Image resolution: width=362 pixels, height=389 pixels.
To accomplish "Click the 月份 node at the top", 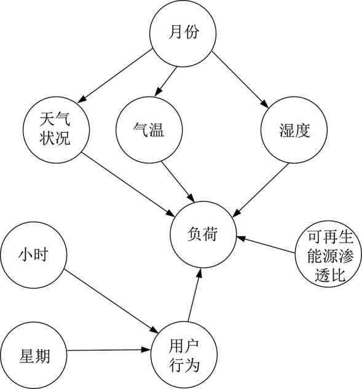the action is [183, 33].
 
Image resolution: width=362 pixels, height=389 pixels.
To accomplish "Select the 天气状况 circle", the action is [56, 130].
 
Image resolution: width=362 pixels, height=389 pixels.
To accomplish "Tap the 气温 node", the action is [149, 130].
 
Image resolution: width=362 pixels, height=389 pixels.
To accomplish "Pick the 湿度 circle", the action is [294, 130].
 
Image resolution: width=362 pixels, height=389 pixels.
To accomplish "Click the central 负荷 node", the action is [203, 235].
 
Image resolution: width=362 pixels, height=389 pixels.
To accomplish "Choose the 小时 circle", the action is [33, 255].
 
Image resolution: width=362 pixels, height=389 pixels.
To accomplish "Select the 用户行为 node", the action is [184, 355].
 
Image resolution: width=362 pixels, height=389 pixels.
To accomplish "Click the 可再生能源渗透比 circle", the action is [328, 254].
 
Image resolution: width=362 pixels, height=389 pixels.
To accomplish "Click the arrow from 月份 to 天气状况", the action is [114, 76].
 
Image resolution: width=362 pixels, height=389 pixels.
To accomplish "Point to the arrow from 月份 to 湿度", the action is [240, 80].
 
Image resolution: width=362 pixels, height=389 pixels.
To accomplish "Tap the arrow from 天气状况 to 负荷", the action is [128, 184].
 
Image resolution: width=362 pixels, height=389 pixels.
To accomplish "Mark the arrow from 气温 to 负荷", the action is [178, 182].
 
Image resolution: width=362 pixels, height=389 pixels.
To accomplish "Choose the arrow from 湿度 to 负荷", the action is [261, 190].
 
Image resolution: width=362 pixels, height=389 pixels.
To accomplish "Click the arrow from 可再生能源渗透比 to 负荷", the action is [266, 245].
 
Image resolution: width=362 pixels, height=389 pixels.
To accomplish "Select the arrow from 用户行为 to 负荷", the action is [194, 295].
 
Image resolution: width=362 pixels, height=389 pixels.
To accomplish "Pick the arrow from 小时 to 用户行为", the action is [111, 301].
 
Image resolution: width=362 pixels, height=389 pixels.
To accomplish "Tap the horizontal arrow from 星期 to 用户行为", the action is [109, 350].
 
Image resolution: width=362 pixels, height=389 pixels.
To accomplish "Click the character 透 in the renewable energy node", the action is [322, 275].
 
